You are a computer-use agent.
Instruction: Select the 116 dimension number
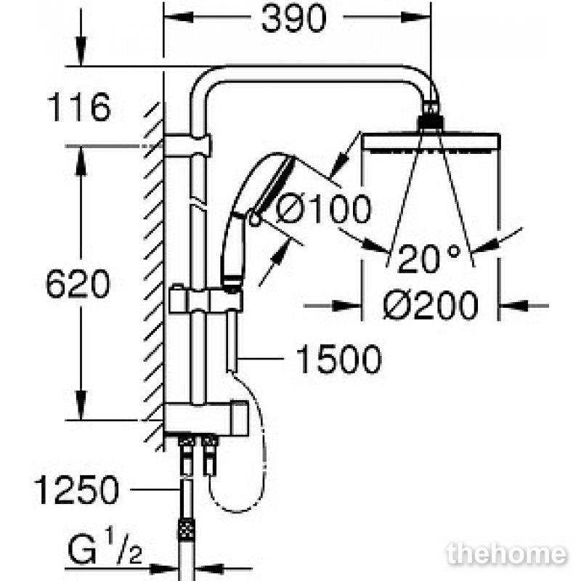point(79,107)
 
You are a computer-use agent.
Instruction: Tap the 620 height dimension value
point(78,284)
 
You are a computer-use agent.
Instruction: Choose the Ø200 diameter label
point(431,305)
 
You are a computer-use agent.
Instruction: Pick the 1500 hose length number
point(338,359)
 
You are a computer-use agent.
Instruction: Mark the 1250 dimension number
point(77,489)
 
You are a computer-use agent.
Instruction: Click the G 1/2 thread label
point(105,546)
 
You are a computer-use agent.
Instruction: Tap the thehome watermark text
point(507,554)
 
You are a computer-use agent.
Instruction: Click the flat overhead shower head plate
point(431,142)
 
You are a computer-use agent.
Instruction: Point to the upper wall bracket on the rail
point(187,145)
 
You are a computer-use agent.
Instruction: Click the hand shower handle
point(232,251)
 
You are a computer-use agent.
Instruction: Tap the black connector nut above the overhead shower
point(430,123)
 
